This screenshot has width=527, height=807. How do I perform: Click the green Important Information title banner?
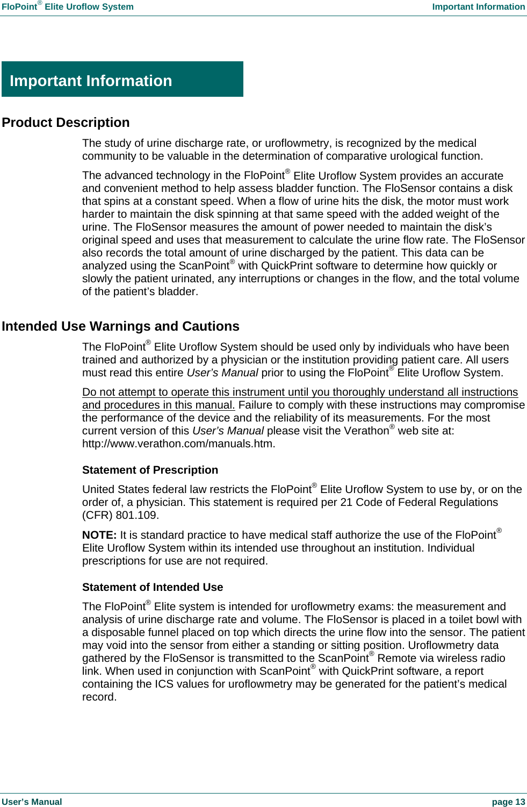point(122,80)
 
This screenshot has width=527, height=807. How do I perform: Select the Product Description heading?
point(66,123)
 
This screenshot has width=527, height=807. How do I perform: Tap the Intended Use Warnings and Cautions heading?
point(120,326)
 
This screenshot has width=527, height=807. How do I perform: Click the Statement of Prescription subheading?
point(150,470)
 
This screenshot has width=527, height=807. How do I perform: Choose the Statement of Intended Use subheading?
point(152,587)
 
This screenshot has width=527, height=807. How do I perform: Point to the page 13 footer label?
point(508,802)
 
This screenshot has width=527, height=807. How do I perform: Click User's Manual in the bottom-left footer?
point(32,802)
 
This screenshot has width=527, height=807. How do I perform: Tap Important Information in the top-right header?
point(478,7)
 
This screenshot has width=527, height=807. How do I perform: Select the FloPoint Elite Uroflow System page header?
point(68,7)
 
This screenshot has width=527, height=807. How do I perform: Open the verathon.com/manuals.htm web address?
point(178,444)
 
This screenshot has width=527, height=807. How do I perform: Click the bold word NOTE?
point(99,535)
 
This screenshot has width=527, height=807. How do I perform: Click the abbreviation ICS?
point(164,684)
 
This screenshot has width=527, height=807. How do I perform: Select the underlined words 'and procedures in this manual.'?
point(158,405)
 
